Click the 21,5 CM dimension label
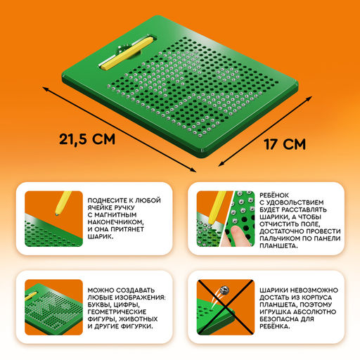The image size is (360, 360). tap(87, 140)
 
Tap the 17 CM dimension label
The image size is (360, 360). tap(285, 144)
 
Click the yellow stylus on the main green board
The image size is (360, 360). tap(127, 53)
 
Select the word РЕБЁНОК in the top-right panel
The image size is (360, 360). tap(274, 195)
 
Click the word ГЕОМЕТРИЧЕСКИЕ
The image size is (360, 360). tap(117, 311)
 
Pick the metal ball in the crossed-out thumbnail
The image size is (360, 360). tap(224, 290)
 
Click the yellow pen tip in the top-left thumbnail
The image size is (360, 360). tap(57, 213)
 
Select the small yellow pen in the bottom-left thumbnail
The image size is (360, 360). tap(31, 296)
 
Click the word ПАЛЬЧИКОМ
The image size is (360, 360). tap(278, 238)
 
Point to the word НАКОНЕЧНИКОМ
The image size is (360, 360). tap(115, 222)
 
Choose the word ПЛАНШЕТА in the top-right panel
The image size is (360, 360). tap(278, 246)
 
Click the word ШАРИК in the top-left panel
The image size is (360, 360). tap(101, 236)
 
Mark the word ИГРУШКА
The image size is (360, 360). tap(275, 311)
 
